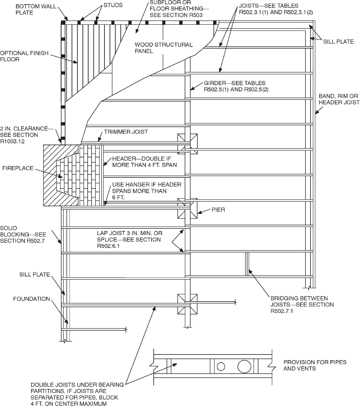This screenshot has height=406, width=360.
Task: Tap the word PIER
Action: point(218,210)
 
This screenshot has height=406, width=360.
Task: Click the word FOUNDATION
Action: point(31,299)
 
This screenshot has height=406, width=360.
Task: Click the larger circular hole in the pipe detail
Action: point(244,366)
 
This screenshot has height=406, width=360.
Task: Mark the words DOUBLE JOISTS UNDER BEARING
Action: point(77,385)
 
